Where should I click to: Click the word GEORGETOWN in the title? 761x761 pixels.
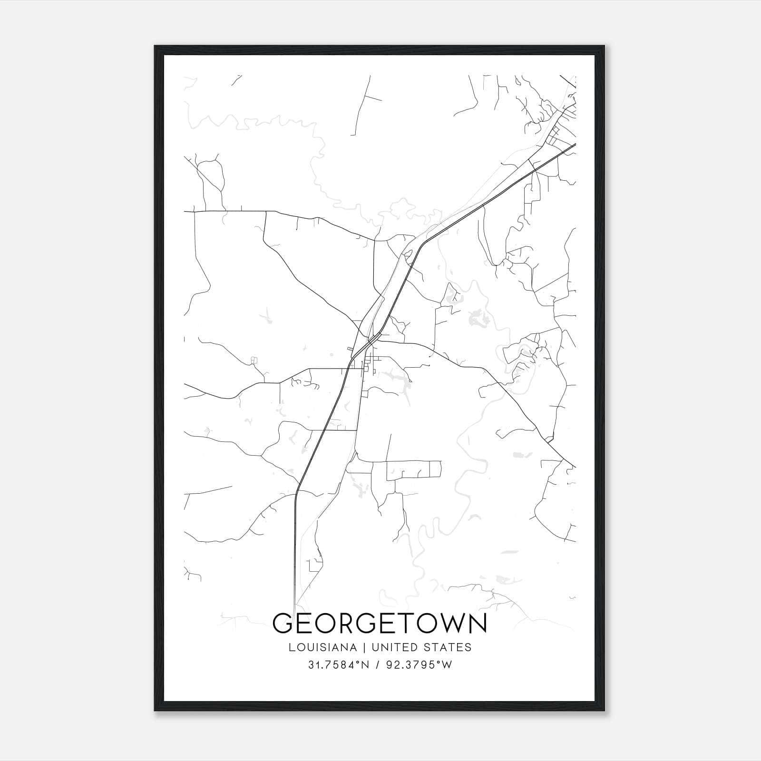pos(380,624)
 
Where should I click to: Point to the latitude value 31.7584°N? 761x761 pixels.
pos(339,665)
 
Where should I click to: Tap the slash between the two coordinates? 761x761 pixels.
pos(378,665)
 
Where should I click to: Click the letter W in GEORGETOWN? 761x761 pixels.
pos(451,624)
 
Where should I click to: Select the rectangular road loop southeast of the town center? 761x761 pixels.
pos(413,469)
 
